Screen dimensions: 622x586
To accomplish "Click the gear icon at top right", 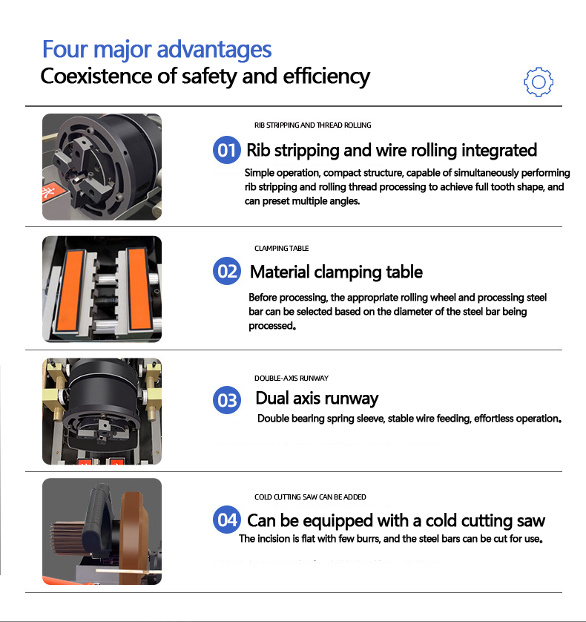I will [539, 82].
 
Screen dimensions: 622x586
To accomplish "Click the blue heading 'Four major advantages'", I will [157, 50].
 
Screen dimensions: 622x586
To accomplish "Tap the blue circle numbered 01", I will [227, 151].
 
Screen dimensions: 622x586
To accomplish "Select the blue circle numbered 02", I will [227, 272].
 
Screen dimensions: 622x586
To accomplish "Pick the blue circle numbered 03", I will [227, 400].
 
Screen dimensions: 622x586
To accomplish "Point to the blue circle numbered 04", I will [227, 520].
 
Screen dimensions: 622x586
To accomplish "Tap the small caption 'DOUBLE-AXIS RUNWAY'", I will [291, 378].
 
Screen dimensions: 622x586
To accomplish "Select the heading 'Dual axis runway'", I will [317, 399].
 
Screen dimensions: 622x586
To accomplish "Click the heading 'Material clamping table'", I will [336, 272].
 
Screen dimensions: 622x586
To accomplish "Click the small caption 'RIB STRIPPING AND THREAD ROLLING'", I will [312, 125].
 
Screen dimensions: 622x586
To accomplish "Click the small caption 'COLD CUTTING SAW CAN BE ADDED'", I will [310, 497].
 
